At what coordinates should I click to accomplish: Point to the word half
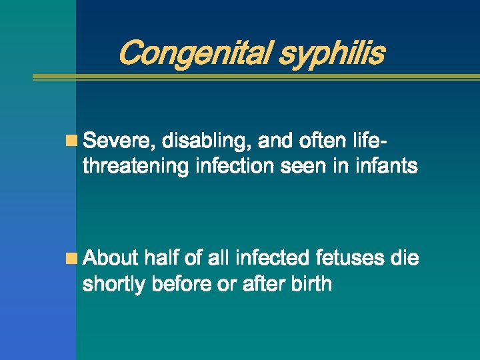click(163, 258)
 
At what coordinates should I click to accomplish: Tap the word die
click(405, 258)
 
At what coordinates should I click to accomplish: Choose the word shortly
click(114, 285)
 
